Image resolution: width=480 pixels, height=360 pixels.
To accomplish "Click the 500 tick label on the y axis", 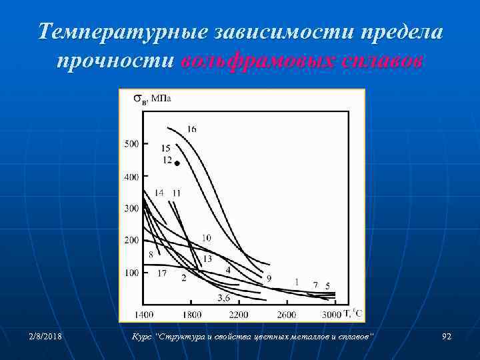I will coord(131,143).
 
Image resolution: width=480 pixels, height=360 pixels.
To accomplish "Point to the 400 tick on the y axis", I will coord(131,177).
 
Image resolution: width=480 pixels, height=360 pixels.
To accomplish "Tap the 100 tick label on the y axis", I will coord(131,273).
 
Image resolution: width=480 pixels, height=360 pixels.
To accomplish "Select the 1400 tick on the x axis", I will coord(143,313).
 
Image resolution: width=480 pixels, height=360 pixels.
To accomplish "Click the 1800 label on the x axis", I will coord(191,313).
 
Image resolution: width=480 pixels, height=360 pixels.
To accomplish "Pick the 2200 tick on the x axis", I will coord(239,313).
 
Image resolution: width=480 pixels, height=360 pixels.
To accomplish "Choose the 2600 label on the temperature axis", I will coord(287,313).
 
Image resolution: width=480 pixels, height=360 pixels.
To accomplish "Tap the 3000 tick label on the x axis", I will coord(331,313).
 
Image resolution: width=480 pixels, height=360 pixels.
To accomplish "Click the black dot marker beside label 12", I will coord(177,163).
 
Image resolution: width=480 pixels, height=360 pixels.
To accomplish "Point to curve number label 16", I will coord(191,129).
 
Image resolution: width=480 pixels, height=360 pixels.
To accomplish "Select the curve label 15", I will coord(165,148).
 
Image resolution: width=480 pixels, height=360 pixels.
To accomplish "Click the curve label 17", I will coord(161,273).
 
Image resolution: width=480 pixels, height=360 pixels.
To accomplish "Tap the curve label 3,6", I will coord(224,297).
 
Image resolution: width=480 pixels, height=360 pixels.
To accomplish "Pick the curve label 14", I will coord(159,193).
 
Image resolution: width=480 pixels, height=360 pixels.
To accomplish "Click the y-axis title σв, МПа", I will coord(152,99).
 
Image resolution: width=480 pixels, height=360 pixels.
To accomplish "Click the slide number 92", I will coord(446,337).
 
